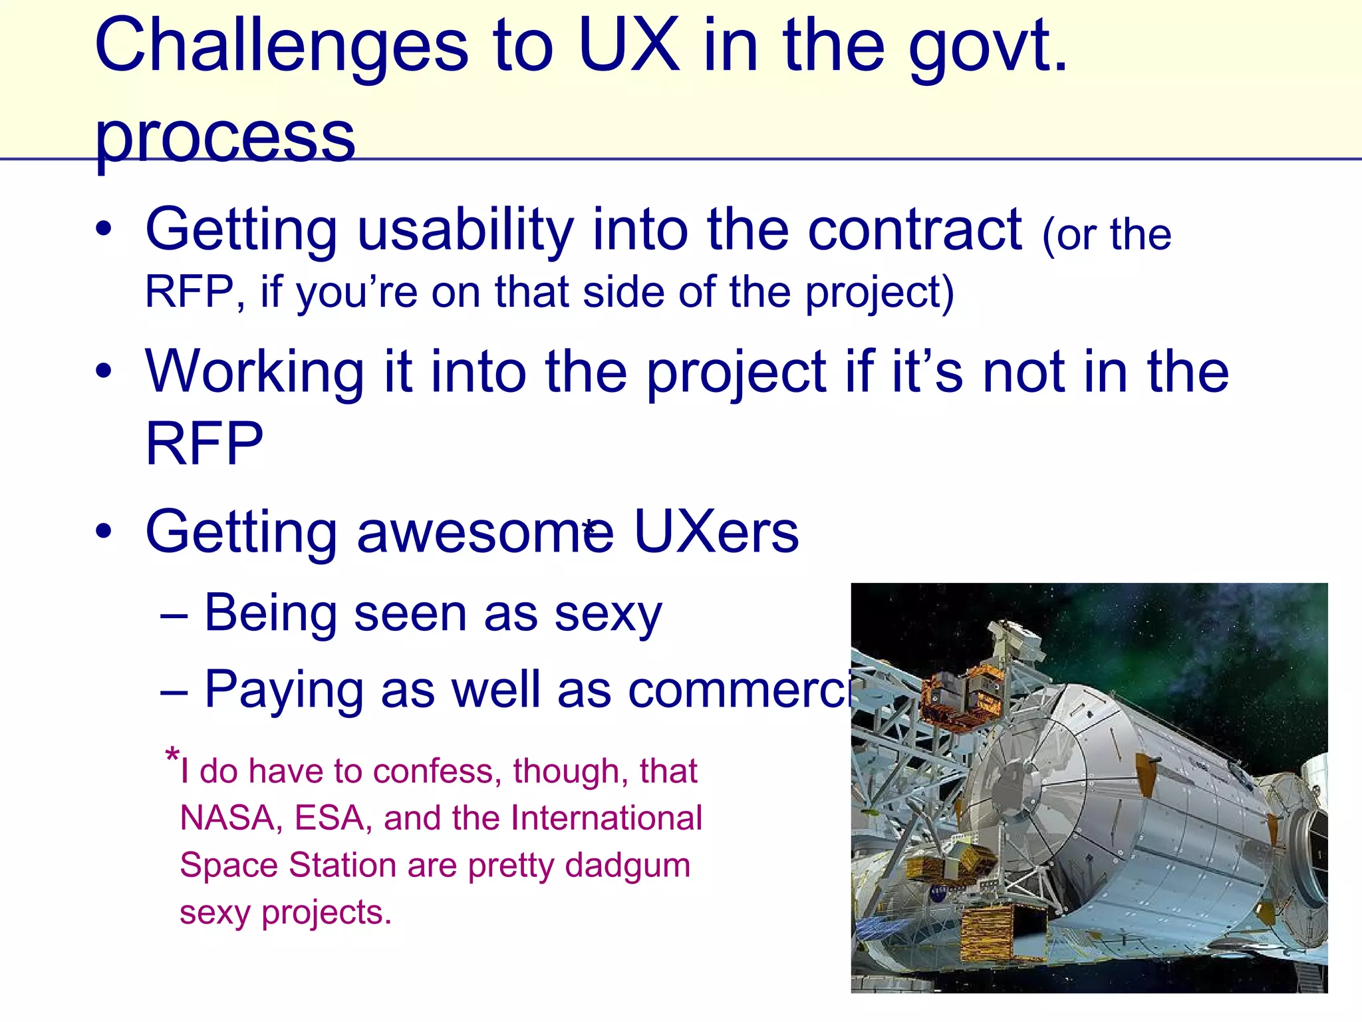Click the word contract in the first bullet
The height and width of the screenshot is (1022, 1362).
(914, 230)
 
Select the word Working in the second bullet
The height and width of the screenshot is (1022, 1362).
(255, 373)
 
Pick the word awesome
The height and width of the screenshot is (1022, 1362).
(485, 532)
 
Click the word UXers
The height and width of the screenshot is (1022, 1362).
(716, 532)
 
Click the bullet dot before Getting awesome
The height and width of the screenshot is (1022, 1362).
(103, 532)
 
